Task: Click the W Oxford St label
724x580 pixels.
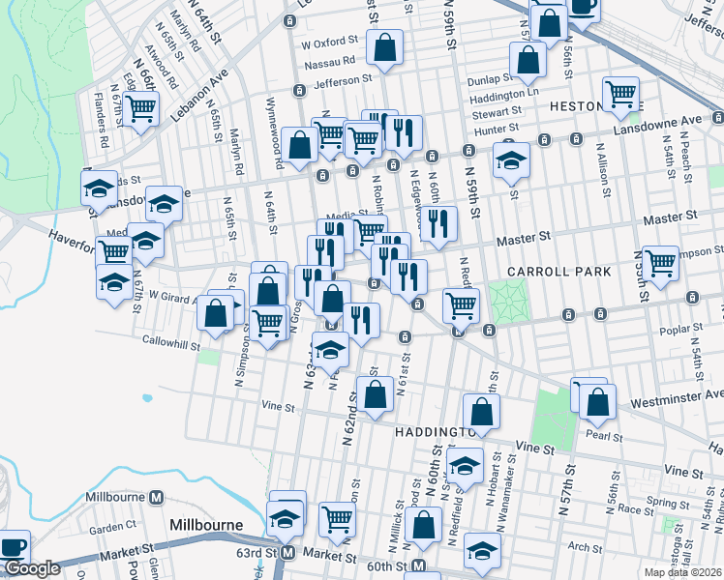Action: click(330, 43)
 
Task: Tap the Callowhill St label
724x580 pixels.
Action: click(170, 342)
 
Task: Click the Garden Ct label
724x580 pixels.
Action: click(113, 527)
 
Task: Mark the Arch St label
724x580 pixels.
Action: click(586, 547)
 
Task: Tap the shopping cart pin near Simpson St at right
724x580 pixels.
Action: click(660, 262)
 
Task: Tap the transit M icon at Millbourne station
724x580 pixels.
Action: click(156, 497)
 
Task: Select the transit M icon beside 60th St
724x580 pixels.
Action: click(418, 565)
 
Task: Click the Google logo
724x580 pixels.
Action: click(31, 568)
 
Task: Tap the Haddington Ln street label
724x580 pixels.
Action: click(503, 97)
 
